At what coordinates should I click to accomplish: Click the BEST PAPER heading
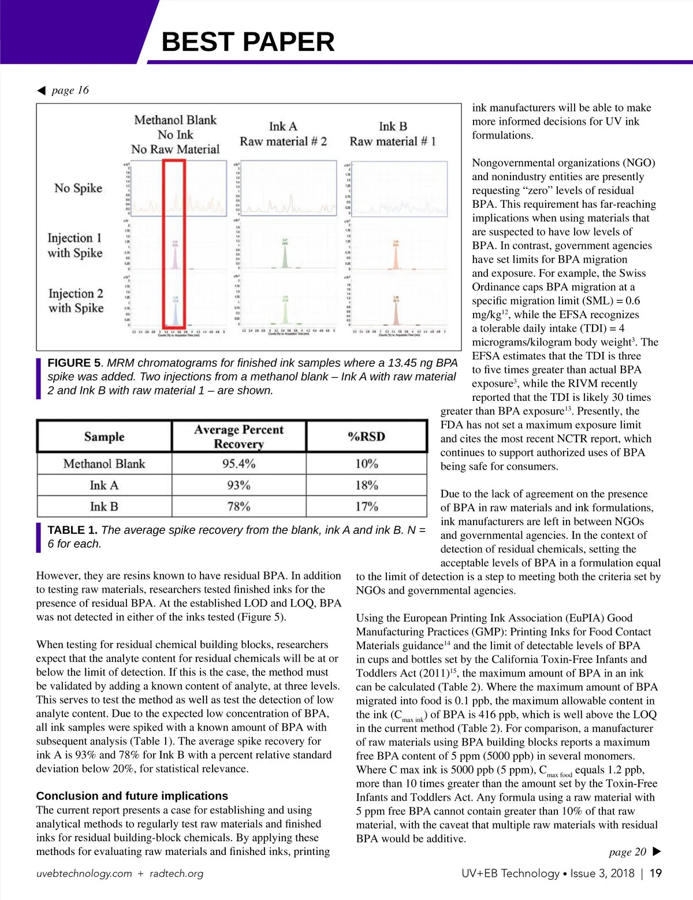coord(248,42)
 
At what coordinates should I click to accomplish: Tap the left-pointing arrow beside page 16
coord(41,90)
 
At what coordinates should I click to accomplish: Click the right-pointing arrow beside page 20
coord(656,851)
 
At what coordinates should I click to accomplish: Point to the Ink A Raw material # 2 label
coord(283,134)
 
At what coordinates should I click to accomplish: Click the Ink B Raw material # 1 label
coord(393,134)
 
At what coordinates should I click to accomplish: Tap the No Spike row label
coord(78,188)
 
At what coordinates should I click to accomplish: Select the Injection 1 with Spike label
coord(75,246)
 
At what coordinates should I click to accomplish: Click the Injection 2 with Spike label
coord(76,301)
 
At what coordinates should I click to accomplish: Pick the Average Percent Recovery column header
coord(239,437)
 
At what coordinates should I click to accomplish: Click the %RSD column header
coord(366,437)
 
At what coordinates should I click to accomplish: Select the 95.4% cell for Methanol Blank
coord(239,464)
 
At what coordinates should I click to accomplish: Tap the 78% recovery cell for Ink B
coord(239,507)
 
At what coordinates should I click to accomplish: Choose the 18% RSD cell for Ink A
coord(366,485)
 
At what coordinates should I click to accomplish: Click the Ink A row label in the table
coord(104,485)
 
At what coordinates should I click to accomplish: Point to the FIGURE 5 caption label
coord(74,363)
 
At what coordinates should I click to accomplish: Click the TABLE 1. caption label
coord(72,530)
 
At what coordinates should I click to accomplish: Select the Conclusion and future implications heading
coord(132,796)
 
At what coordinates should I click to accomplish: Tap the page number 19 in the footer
coord(655,873)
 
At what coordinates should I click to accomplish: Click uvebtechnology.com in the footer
coord(84,873)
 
